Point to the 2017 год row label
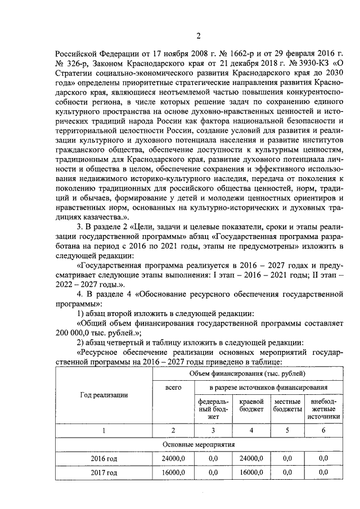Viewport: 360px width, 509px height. click(103, 473)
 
